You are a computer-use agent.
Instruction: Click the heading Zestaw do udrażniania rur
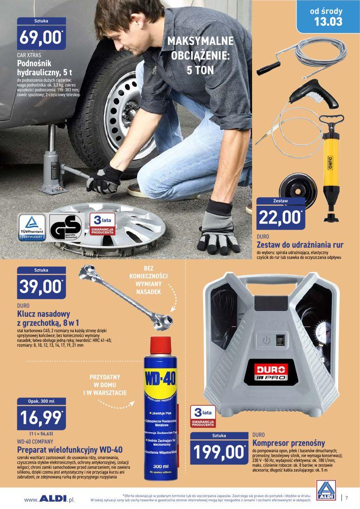[300, 245]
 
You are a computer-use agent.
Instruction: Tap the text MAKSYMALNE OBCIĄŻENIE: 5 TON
[200, 55]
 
